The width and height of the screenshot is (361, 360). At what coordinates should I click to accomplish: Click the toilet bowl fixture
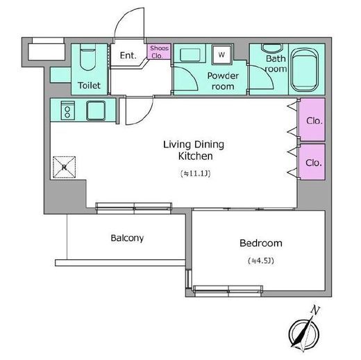(x=87, y=58)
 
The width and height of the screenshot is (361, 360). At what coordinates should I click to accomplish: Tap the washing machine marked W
(x=221, y=55)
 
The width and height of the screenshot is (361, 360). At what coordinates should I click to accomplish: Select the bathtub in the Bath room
(x=305, y=70)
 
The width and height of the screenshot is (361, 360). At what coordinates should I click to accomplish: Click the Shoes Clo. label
(x=159, y=52)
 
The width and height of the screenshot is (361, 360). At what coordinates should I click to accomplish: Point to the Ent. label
(x=128, y=56)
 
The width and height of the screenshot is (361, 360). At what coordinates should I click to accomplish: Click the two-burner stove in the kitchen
(x=67, y=111)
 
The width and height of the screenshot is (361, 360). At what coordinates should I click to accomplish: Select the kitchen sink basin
(x=96, y=111)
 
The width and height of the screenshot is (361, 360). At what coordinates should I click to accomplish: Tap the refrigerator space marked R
(x=64, y=167)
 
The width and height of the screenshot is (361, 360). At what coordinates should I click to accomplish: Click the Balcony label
(x=127, y=238)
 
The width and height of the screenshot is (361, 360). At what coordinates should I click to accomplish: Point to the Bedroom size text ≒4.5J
(x=261, y=261)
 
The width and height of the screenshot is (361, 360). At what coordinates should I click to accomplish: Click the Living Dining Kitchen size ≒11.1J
(x=196, y=173)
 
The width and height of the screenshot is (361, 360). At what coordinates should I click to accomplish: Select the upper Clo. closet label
(x=314, y=121)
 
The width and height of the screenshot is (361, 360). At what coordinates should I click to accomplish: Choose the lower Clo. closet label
(x=314, y=163)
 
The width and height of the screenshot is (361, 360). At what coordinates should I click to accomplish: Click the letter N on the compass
(x=315, y=310)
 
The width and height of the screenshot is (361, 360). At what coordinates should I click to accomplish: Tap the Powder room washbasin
(x=190, y=55)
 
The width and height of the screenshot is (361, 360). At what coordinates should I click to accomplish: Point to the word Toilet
(x=89, y=85)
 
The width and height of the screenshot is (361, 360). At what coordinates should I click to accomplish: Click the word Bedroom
(x=261, y=243)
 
